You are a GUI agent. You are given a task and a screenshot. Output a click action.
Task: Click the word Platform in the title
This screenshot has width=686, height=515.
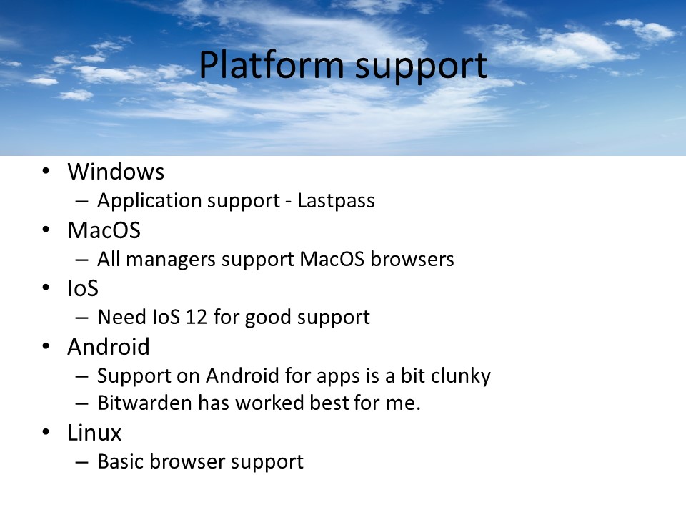pos(262,66)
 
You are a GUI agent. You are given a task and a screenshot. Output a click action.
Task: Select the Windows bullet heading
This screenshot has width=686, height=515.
pos(116,172)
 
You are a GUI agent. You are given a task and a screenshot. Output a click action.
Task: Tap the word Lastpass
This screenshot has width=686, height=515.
pos(337,201)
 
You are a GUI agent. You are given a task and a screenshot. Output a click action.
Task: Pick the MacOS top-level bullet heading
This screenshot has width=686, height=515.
pos(104,230)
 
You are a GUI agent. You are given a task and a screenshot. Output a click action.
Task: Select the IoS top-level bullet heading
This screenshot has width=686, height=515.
pos(83,288)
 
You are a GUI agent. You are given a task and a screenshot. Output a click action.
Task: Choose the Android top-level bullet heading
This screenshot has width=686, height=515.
pos(109,347)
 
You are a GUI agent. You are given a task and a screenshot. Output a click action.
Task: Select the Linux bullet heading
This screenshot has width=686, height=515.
pos(94,433)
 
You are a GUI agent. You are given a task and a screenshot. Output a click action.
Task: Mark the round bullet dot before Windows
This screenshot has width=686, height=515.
pos(46,172)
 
